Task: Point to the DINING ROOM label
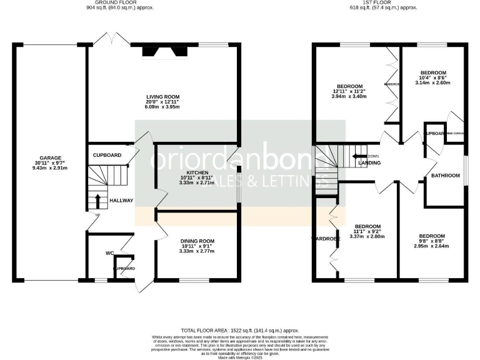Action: click(197, 241)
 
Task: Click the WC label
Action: click(109, 253)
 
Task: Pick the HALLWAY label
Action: click(121, 201)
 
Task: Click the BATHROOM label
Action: click(445, 176)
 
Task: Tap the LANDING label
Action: click(370, 164)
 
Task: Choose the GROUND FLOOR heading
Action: click(120, 2)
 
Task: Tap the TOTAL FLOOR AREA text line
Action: click(239, 329)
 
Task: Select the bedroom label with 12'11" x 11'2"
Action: click(349, 86)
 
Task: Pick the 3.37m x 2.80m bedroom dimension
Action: click(368, 236)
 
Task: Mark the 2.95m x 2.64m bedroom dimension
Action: click(432, 246)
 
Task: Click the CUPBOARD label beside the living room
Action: click(107, 154)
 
